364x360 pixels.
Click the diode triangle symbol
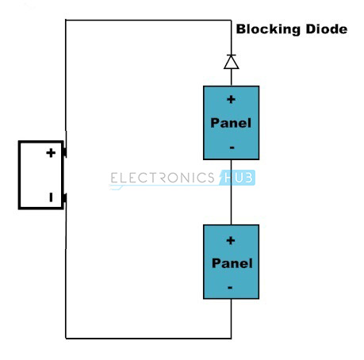[232, 62]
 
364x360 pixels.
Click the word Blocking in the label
[268, 29]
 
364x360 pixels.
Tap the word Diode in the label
[327, 29]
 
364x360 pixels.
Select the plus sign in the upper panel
[231, 99]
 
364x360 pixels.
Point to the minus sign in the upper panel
[232, 147]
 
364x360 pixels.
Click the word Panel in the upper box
[231, 123]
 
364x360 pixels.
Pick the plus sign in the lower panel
[231, 240]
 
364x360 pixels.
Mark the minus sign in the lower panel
[230, 288]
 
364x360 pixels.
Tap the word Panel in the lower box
[232, 263]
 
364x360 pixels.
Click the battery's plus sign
[51, 153]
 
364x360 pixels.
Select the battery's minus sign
[51, 197]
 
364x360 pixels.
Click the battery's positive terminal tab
[65, 152]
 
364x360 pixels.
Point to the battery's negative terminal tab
[65, 198]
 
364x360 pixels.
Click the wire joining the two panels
[232, 192]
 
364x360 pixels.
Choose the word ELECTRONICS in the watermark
[163, 178]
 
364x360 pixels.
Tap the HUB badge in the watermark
[237, 178]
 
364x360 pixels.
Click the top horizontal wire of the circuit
[148, 20]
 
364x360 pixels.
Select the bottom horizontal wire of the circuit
[148, 338]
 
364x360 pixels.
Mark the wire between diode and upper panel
[232, 78]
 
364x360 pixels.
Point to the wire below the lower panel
[232, 319]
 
